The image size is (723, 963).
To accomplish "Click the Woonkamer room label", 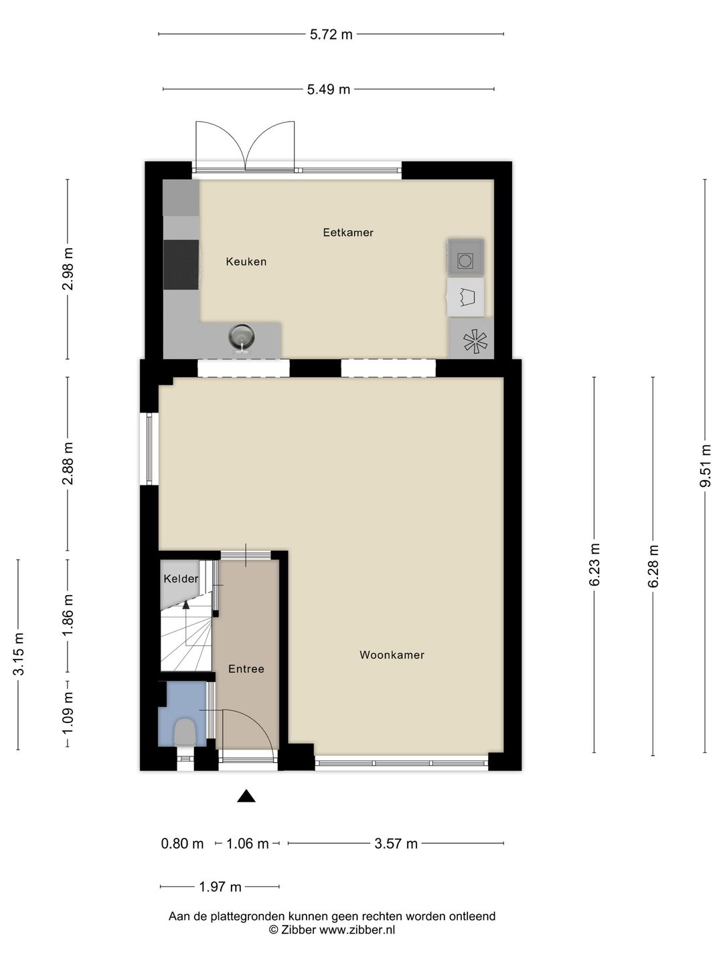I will [x=392, y=655].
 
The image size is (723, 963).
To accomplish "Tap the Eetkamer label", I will [x=348, y=233].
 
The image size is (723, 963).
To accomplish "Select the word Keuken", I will [x=246, y=262].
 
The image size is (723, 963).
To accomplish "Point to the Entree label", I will [x=246, y=669].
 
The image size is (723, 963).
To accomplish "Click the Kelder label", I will [x=181, y=579].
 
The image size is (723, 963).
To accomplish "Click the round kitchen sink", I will [x=242, y=336].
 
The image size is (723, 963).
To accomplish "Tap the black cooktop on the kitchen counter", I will [x=181, y=265].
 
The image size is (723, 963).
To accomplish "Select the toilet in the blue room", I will [x=185, y=732].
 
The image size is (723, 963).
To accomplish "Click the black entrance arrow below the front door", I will [x=246, y=796].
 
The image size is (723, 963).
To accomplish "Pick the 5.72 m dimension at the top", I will [x=331, y=35].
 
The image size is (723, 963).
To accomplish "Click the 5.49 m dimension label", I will [x=328, y=90].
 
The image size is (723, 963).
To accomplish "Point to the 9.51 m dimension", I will [x=706, y=466].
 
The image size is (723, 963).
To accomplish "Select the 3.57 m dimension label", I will [x=396, y=844].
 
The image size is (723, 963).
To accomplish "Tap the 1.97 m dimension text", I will [x=220, y=887].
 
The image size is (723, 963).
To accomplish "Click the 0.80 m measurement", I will [x=182, y=844].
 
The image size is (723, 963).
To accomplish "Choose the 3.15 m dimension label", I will [x=19, y=654].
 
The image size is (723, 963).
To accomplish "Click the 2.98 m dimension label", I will [x=68, y=269].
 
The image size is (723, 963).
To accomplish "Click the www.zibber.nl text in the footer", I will [x=357, y=930].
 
